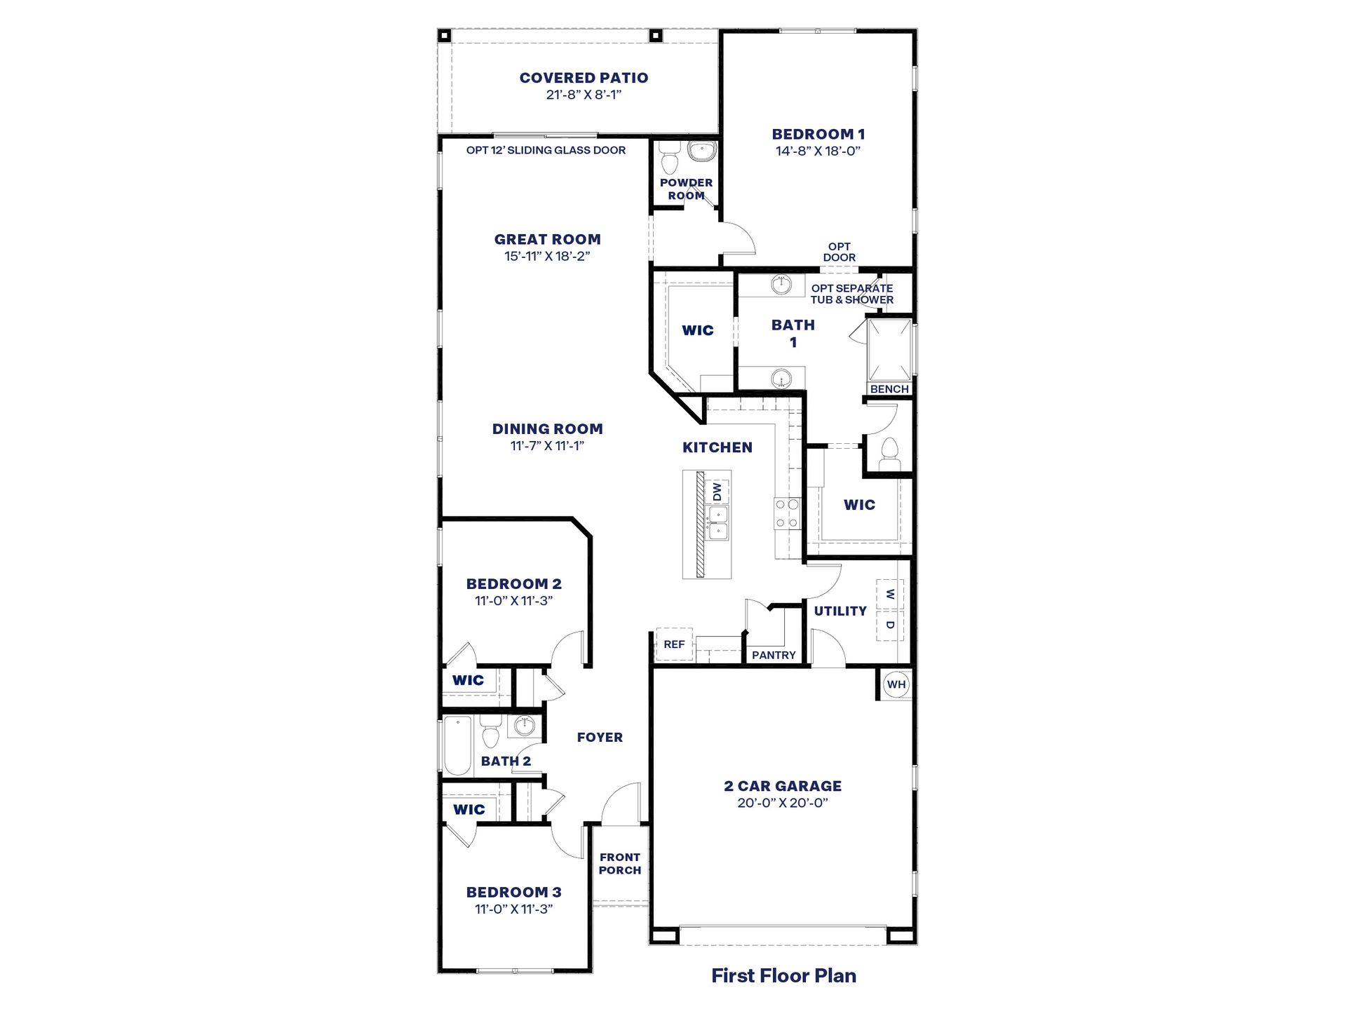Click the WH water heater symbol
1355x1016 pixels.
tap(896, 684)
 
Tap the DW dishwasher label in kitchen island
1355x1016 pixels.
tap(717, 492)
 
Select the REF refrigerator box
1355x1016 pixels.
tap(674, 644)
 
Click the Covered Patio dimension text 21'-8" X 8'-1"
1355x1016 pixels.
tap(584, 95)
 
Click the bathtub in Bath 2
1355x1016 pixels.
tap(458, 745)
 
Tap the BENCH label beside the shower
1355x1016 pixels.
tap(889, 389)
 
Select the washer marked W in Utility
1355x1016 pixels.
tap(889, 595)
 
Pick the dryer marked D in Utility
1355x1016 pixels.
tap(889, 625)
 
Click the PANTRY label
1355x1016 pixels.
tap(774, 655)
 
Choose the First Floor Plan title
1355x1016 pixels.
tap(783, 975)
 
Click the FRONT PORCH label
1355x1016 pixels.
tap(620, 863)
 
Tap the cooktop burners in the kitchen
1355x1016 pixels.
tap(787, 513)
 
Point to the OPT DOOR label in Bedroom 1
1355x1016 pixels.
tap(839, 252)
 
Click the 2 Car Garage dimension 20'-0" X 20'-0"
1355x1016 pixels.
tap(783, 803)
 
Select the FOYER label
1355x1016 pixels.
tap(600, 737)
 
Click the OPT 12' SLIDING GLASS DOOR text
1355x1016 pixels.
tap(546, 150)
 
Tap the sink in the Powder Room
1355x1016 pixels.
tap(701, 151)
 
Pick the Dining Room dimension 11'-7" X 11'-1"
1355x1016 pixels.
tap(547, 446)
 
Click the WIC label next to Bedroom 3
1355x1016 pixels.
tap(468, 809)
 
